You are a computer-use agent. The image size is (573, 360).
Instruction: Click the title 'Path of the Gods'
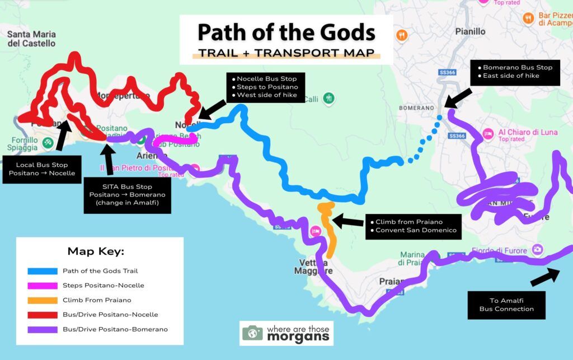(286, 32)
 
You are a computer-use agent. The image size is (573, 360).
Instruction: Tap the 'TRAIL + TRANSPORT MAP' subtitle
(286, 54)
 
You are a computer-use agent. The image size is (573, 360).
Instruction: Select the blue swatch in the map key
(43, 271)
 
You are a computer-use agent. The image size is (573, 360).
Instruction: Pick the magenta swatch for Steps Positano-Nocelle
(43, 286)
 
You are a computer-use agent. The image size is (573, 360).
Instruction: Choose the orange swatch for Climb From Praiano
(43, 300)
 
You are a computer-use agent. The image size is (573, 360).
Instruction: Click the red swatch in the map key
(43, 315)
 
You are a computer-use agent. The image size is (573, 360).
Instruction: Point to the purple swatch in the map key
(43, 329)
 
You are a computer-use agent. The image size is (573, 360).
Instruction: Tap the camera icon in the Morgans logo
(252, 333)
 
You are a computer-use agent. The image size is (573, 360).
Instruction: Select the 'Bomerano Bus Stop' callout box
(514, 72)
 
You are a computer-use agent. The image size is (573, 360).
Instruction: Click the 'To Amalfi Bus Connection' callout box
(506, 304)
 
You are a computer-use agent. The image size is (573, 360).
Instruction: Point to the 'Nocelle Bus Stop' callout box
(266, 87)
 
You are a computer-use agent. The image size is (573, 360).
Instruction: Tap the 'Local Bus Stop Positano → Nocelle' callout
(41, 169)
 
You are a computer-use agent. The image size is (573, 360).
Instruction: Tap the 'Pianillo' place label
(471, 31)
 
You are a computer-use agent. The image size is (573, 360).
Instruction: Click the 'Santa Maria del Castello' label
(31, 39)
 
